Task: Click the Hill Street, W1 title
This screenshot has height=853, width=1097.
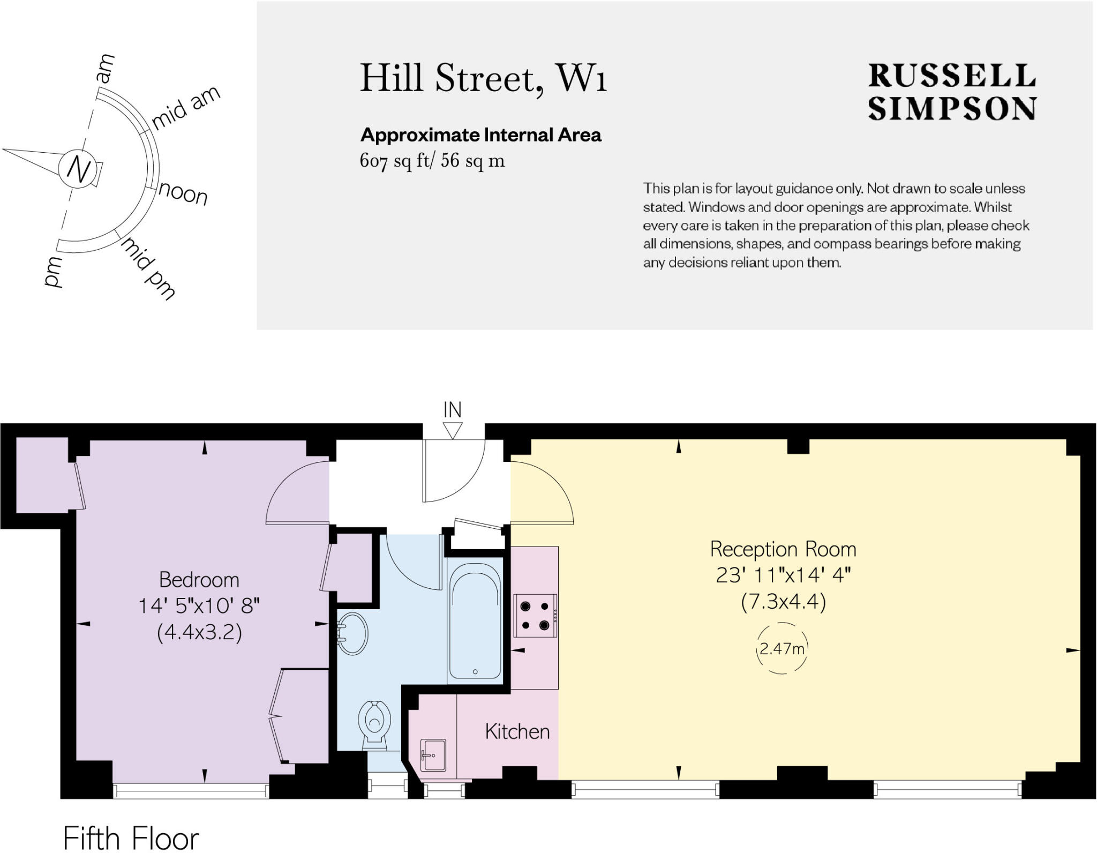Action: [x=483, y=79]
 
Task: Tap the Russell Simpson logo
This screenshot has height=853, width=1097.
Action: [x=952, y=92]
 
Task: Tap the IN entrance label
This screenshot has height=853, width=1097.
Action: [x=453, y=410]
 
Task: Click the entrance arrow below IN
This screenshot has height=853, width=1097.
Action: [x=453, y=431]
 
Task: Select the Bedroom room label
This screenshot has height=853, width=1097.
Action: [x=199, y=580]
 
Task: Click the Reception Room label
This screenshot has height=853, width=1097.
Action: [x=783, y=549]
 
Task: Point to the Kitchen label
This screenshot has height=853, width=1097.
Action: [x=517, y=732]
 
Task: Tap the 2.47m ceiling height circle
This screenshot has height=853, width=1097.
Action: [x=782, y=648]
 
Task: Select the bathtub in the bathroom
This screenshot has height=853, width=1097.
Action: [x=475, y=621]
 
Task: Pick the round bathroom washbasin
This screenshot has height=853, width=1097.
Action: [x=352, y=634]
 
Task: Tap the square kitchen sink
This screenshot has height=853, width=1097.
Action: [x=433, y=755]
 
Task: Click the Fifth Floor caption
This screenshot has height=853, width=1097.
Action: [x=131, y=839]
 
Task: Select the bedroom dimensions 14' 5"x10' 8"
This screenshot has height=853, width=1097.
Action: [x=199, y=607]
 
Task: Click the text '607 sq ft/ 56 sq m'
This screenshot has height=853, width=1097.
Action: [x=432, y=161]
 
